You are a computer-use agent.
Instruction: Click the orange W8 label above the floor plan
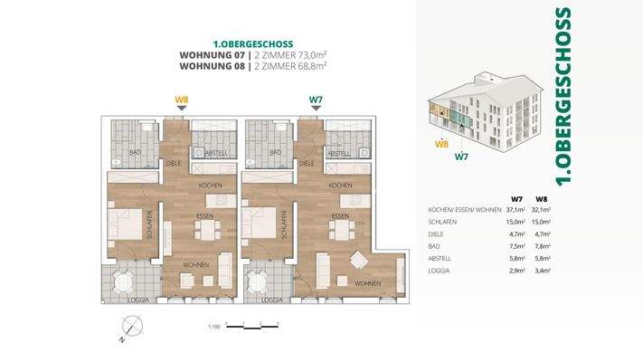(181, 100)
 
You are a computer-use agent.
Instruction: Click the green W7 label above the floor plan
(316, 100)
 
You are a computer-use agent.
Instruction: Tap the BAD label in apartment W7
(271, 153)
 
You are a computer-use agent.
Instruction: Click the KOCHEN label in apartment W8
(210, 185)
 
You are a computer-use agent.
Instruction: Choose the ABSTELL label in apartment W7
(338, 153)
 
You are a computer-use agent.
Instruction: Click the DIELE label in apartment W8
(174, 164)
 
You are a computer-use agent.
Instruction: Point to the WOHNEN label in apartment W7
(367, 283)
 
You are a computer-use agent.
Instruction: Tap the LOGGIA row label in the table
(440, 270)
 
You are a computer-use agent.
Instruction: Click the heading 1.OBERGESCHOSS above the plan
(251, 43)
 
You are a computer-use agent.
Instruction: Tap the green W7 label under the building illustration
(461, 157)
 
